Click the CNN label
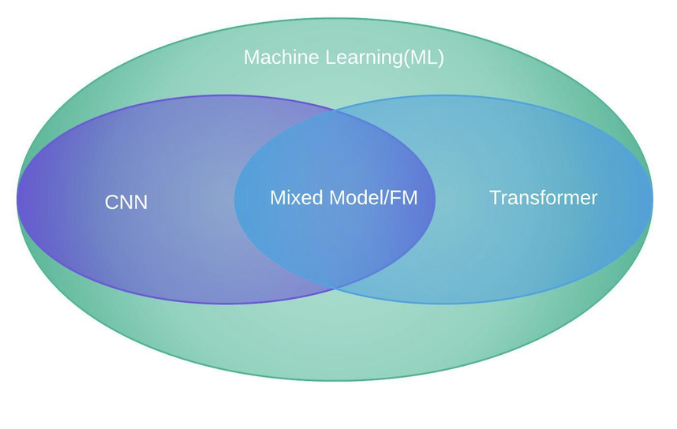tap(126, 203)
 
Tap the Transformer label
tap(543, 198)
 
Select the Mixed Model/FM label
tap(343, 198)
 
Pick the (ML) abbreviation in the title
tap(423, 58)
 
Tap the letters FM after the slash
tap(403, 198)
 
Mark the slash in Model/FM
tap(387, 198)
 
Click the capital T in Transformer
tap(495, 198)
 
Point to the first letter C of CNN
tap(111, 203)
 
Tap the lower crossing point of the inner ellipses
tap(335, 289)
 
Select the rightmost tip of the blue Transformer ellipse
tap(653, 199)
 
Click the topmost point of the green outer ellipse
tap(335, 18)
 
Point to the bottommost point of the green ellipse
tap(335, 381)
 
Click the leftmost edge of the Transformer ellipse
tap(234, 199)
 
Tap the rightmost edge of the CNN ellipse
tap(435, 199)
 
